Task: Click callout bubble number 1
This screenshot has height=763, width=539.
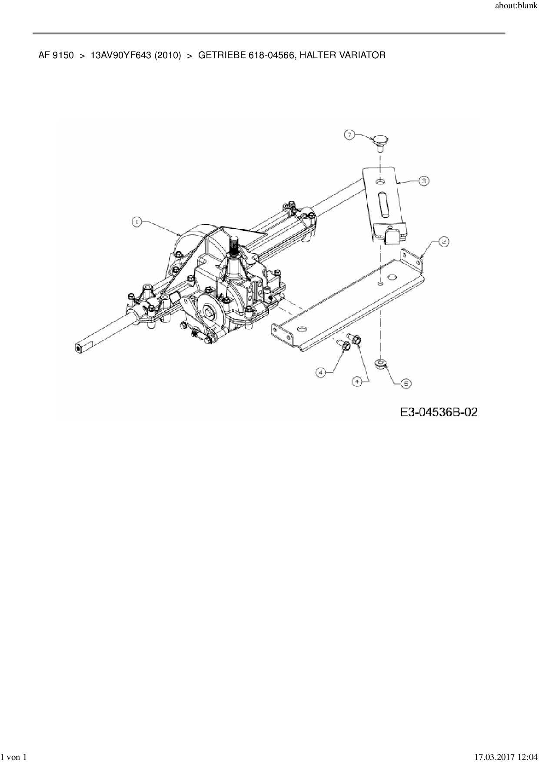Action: point(137,222)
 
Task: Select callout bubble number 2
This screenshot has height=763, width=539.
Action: point(443,242)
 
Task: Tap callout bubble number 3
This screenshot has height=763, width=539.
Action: point(424,181)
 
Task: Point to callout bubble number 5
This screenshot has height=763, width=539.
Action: point(405,383)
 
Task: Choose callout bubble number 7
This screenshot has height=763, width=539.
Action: point(350,135)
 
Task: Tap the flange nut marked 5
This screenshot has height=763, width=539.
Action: point(381,363)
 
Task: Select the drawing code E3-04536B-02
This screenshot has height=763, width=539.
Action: point(439,412)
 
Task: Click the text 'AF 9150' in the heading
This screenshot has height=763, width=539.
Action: point(56,55)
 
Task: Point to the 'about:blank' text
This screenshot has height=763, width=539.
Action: point(516,7)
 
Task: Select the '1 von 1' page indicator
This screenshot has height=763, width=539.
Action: point(14,758)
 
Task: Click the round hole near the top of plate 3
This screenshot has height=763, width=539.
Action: point(381,181)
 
